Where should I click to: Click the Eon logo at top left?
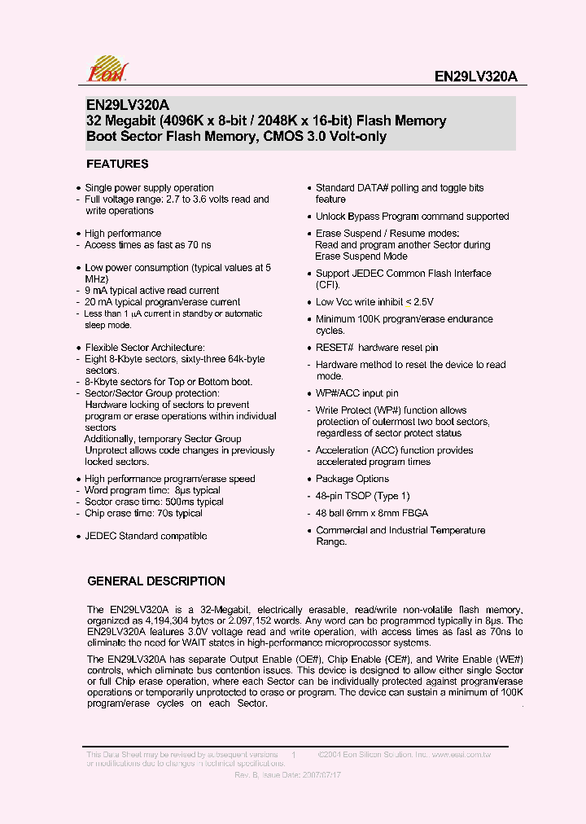pos(107,70)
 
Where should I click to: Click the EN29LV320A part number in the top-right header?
pos(476,77)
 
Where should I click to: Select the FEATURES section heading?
pos(117,164)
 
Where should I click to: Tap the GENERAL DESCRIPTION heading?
pos(156,581)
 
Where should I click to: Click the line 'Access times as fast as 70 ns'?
pos(148,245)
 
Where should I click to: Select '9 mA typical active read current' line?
pos(152,291)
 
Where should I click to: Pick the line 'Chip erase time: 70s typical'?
pos(144,514)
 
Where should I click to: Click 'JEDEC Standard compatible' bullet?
pos(146,536)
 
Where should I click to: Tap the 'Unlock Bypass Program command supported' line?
pos(412,217)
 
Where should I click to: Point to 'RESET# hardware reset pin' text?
pos(377,348)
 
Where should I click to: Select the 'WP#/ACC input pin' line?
pos(356,393)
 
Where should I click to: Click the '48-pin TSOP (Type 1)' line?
pos(363,496)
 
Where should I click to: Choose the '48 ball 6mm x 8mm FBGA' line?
pos(372,513)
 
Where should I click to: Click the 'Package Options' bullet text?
pos(352,479)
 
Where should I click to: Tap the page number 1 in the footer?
pos(293,756)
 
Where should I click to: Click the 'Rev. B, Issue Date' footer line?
pos(287,775)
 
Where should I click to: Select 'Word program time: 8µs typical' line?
pos(153,491)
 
